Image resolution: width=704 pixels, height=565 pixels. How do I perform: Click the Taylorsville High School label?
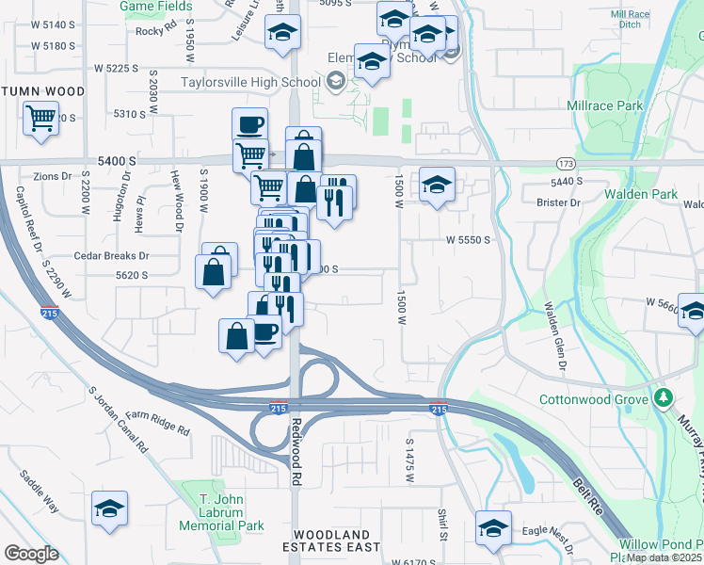[x=251, y=82]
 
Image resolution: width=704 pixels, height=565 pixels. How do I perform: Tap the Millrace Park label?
[x=604, y=106]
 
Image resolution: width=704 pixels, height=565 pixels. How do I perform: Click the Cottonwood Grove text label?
[x=593, y=399]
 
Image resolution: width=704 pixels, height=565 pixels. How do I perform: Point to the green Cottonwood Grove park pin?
[x=664, y=398]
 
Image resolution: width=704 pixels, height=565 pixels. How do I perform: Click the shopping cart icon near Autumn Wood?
[x=40, y=120]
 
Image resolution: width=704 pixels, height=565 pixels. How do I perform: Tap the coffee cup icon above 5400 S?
[x=250, y=124]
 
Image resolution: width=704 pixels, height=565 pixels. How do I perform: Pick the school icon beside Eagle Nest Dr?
[x=492, y=528]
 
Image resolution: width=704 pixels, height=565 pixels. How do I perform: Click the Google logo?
[x=31, y=554]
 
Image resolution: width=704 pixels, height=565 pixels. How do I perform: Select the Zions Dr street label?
[x=52, y=176]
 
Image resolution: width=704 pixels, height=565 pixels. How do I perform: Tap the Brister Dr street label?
[x=557, y=202]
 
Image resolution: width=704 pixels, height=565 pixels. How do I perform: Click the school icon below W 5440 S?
[x=437, y=185]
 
